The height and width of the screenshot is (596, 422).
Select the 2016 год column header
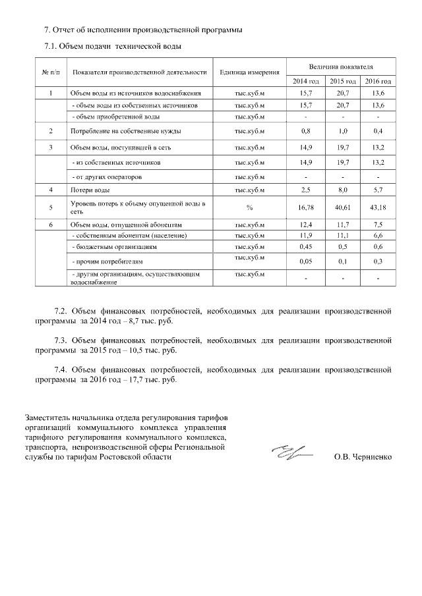[378, 81]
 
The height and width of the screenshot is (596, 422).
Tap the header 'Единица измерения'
[250, 72]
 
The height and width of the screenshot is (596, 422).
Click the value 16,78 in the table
[305, 207]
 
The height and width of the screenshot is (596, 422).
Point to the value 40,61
[342, 207]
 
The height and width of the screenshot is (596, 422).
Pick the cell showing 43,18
[378, 207]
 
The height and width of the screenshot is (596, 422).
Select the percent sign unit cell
[250, 207]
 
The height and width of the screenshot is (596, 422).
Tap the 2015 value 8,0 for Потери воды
[342, 190]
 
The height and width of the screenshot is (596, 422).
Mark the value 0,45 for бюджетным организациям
[305, 247]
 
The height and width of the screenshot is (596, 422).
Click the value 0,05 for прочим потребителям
[305, 261]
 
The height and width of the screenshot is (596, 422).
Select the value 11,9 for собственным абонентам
[305, 235]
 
